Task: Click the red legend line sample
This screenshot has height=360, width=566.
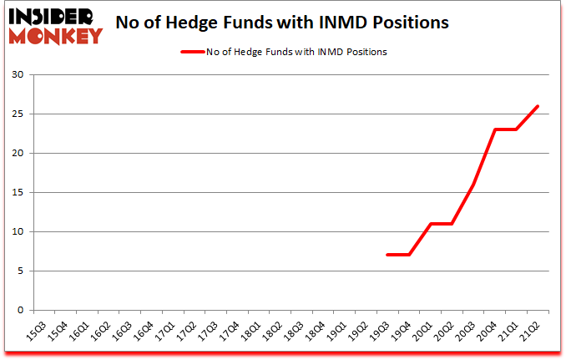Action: (193, 52)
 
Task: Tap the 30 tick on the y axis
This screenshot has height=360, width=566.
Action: (18, 75)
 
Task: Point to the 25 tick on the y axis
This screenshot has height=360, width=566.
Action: (18, 114)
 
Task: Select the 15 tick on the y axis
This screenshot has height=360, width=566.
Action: (18, 193)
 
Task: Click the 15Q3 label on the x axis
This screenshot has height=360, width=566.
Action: (34, 330)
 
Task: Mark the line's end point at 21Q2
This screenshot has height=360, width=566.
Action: (538, 106)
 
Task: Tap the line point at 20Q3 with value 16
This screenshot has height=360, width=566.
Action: (473, 185)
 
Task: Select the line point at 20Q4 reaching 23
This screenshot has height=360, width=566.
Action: (495, 129)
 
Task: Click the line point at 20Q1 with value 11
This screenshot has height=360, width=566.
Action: (431, 224)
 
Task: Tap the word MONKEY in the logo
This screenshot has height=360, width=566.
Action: (58, 34)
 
